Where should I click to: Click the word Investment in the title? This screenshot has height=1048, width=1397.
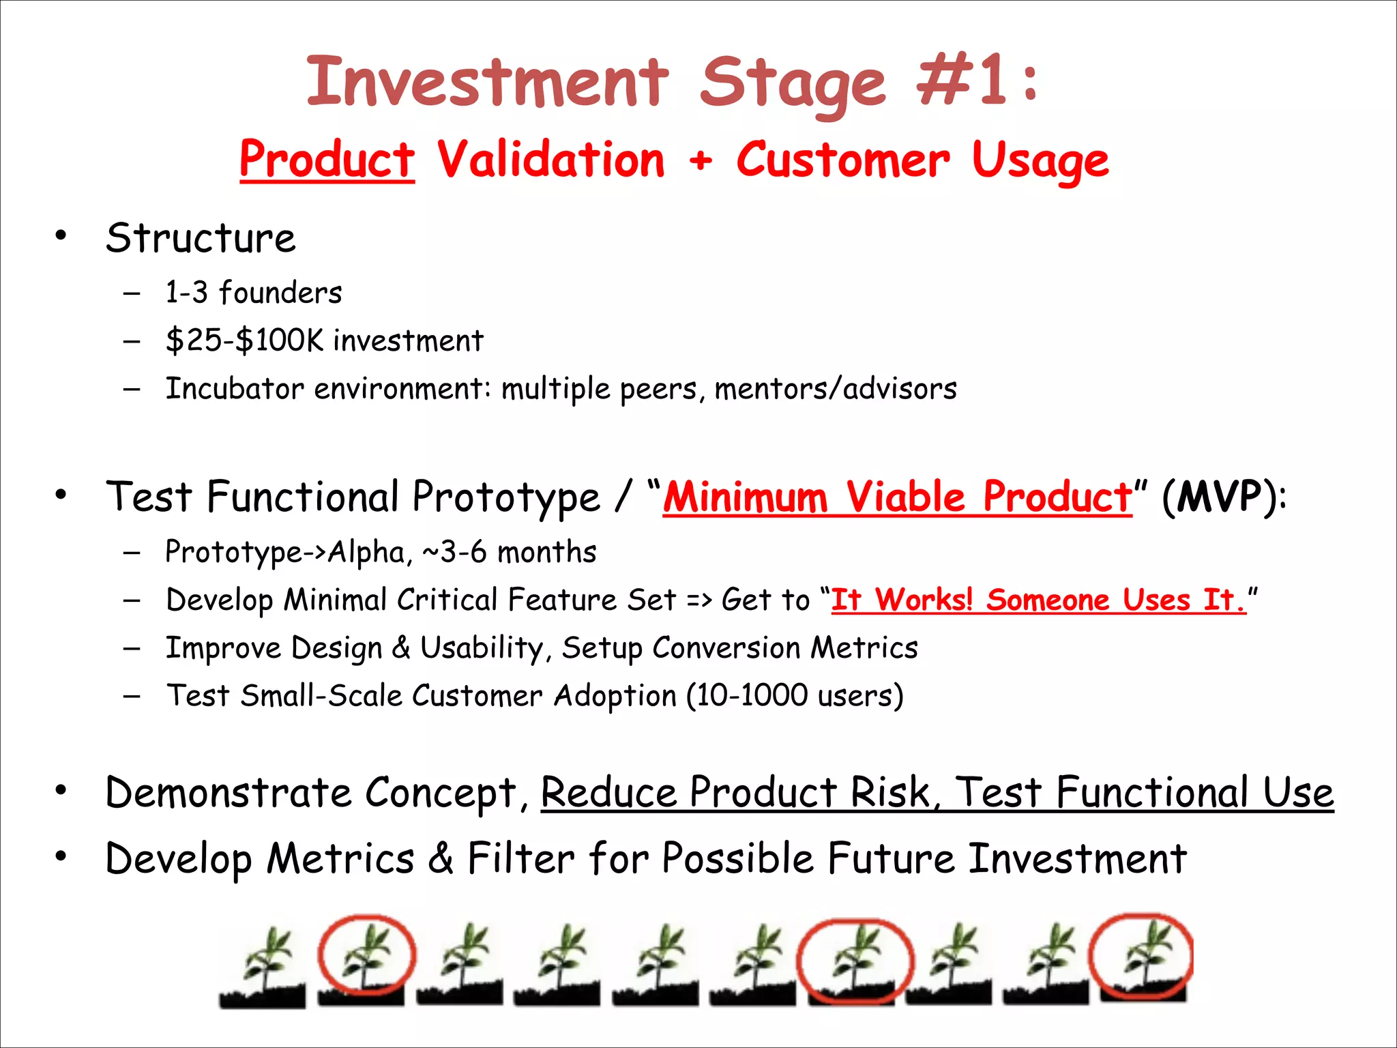(x=487, y=83)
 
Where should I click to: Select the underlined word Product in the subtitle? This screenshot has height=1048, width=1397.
(x=327, y=160)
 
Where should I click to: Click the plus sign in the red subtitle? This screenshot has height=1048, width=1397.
(x=700, y=161)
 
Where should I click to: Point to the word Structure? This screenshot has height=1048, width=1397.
(x=201, y=238)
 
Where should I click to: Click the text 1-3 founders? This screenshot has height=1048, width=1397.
(x=253, y=293)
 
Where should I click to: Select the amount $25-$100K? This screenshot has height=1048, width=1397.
(x=244, y=340)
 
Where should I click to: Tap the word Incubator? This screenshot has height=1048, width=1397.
(x=235, y=389)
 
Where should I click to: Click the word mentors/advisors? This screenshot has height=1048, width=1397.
(x=836, y=389)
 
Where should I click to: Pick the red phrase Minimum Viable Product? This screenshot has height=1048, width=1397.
(x=897, y=497)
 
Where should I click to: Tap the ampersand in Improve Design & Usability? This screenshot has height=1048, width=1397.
(x=401, y=647)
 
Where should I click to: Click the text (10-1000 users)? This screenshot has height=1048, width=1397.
(x=795, y=696)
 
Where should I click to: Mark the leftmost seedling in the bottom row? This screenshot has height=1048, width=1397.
(x=263, y=965)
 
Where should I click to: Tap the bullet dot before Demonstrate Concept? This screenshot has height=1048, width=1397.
(x=61, y=791)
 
